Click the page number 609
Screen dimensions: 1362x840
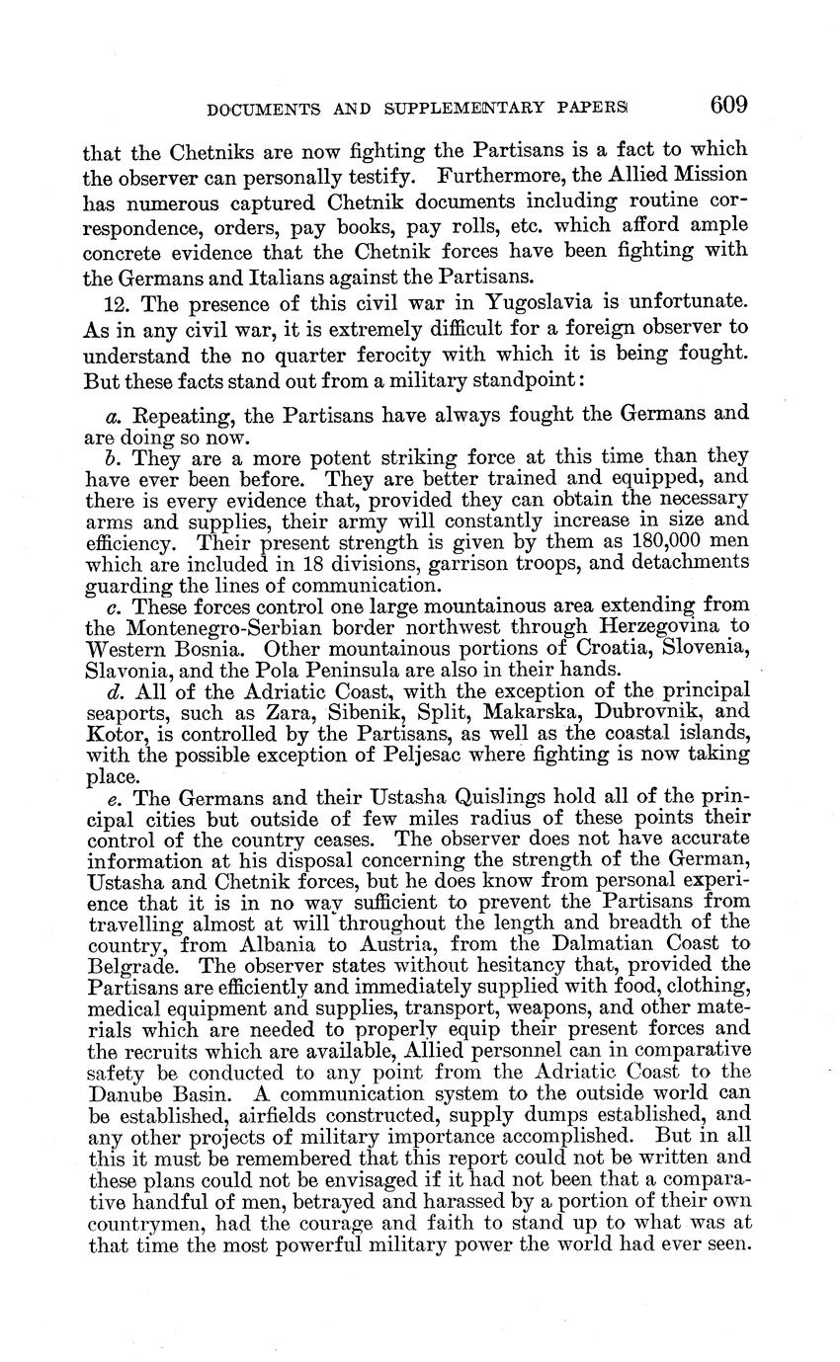click(x=727, y=105)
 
